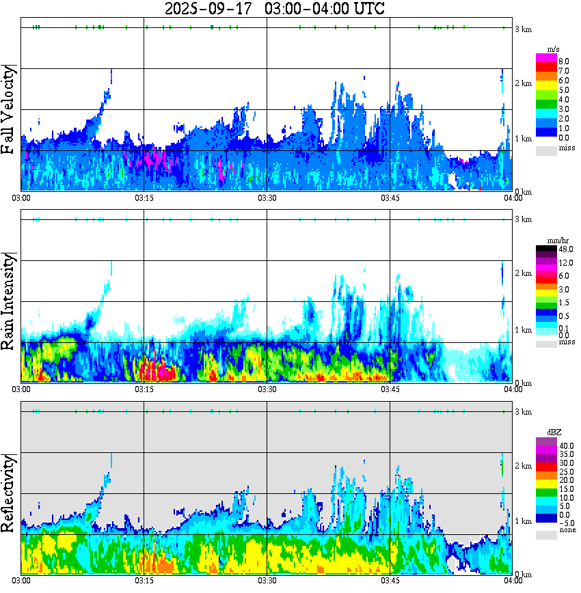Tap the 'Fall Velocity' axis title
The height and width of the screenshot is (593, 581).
tap(10, 109)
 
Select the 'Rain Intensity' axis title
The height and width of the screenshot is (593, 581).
tap(10, 301)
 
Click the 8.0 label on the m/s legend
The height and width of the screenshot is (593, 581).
tap(564, 61)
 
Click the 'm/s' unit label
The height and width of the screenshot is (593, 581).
tap(554, 49)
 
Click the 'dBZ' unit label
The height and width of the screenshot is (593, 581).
tap(554, 432)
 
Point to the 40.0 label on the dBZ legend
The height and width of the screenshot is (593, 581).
tap(565, 445)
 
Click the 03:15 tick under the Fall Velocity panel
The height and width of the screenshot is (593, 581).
tap(144, 197)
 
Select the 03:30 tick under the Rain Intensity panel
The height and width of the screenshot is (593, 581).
tap(267, 389)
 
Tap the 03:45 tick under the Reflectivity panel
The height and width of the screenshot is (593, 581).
tap(390, 581)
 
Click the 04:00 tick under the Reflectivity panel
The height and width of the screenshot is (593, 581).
tap(513, 581)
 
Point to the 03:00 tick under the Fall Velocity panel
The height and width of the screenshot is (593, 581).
tap(21, 197)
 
